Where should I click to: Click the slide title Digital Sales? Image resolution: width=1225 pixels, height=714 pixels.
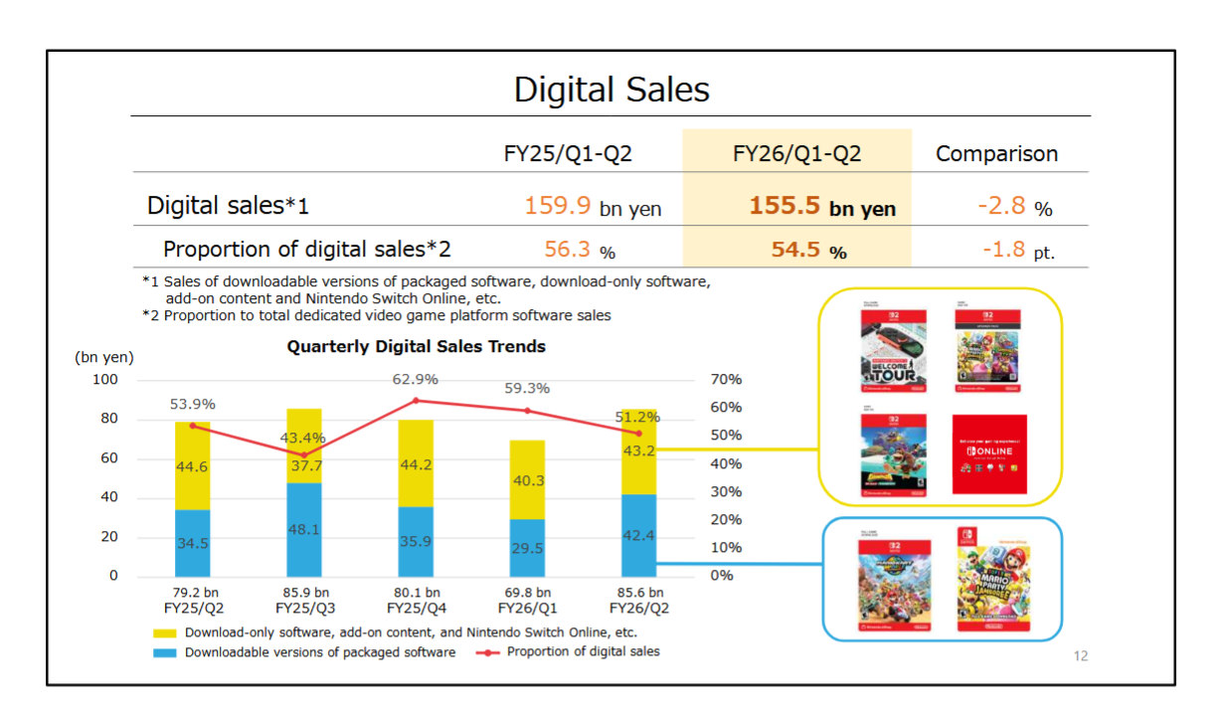(x=612, y=90)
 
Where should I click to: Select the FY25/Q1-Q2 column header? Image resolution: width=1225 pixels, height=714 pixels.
(x=568, y=154)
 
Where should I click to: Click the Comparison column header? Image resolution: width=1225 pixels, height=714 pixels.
(x=996, y=154)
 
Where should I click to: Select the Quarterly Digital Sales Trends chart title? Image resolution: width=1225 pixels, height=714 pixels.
(x=416, y=347)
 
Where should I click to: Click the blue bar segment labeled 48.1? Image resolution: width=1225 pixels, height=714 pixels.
(x=303, y=529)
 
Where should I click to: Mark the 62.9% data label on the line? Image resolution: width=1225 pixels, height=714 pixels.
(x=416, y=380)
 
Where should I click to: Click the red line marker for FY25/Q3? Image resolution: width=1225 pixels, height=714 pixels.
(x=303, y=454)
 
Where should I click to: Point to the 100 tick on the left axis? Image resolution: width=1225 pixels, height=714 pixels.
(x=106, y=380)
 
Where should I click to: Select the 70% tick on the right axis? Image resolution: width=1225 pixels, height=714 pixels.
(x=726, y=380)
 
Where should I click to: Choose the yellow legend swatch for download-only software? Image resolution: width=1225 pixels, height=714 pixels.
(x=166, y=632)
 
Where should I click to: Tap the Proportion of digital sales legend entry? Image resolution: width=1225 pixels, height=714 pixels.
(x=583, y=652)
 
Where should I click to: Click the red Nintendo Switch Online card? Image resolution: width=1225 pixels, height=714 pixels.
(x=989, y=454)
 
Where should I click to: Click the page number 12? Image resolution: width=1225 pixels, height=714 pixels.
(x=1081, y=656)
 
